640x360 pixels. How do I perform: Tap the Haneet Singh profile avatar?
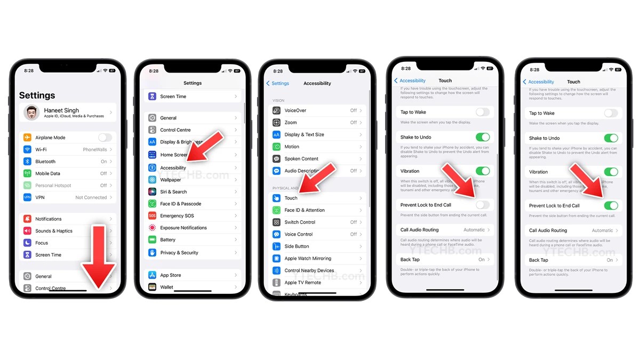[x=33, y=113]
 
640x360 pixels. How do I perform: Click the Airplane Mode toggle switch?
[x=105, y=138]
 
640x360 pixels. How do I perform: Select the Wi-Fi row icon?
[x=28, y=150]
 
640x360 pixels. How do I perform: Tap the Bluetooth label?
[x=45, y=162]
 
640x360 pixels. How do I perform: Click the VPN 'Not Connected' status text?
[x=91, y=197]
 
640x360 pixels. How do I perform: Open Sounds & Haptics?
[x=53, y=231]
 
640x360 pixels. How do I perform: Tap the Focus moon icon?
[x=28, y=243]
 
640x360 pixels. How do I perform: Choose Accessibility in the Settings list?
[x=173, y=168]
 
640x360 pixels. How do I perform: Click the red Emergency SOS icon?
[x=152, y=216]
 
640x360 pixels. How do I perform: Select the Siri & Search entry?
[x=173, y=192]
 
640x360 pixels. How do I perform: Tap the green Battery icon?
[x=152, y=240]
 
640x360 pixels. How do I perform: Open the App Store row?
[x=171, y=275]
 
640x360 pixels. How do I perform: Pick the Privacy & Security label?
[x=179, y=253]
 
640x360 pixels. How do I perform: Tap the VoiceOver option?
[x=295, y=110]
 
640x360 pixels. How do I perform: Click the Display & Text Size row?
[x=304, y=134]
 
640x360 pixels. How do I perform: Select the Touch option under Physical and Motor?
[x=291, y=198]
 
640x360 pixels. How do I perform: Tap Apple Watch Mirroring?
[x=308, y=258]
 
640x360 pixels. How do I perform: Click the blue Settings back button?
[x=278, y=83]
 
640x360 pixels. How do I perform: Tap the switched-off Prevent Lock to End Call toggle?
[x=482, y=205]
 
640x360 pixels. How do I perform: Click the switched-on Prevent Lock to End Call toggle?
[x=611, y=205]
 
